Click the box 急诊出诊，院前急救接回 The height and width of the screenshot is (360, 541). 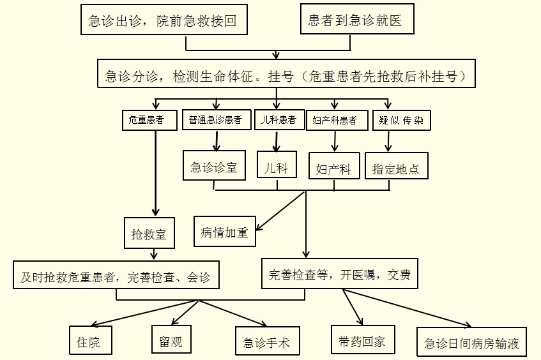164,19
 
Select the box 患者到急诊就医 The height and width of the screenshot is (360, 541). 357,19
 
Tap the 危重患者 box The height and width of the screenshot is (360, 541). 149,120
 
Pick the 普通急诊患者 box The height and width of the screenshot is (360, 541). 217,119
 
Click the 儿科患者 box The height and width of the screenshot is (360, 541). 280,119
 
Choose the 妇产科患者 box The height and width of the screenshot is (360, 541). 337,120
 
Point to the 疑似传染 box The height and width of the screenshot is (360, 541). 401,120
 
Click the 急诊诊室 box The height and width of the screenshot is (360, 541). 214,165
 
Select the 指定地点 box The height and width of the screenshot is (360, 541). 397,166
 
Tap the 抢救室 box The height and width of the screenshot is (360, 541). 149,233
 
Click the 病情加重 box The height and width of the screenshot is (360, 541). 225,231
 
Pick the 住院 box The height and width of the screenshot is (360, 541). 91,340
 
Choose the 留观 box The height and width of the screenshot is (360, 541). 171,340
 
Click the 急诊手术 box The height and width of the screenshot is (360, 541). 268,341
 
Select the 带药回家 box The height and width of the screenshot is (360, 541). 363,340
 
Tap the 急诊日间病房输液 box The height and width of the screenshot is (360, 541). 471,342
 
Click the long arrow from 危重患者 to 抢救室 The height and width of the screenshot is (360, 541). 156,173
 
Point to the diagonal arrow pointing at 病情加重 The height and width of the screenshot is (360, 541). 280,211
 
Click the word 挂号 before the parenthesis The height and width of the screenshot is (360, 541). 281,76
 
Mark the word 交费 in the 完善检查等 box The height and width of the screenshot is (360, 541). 399,274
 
